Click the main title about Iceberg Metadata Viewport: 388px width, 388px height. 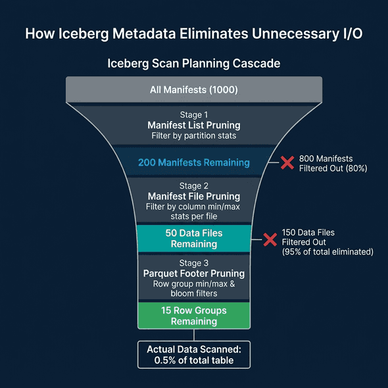click(194, 34)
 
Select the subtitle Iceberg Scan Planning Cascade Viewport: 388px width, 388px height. click(194, 64)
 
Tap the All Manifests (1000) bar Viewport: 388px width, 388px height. click(194, 89)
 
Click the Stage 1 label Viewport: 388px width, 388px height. click(194, 114)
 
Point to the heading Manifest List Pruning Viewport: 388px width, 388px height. click(194, 125)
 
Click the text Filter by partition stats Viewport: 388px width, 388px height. click(194, 136)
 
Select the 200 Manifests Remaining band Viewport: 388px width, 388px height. click(194, 162)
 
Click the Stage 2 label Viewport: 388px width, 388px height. click(194, 185)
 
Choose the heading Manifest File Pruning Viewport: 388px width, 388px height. click(194, 196)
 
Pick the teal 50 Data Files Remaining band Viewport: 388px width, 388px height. click(194, 238)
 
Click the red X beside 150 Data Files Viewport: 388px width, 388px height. click(270, 239)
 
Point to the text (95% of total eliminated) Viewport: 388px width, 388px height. click(327, 252)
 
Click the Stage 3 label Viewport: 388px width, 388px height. click(194, 262)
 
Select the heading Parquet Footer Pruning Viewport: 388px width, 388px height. click(194, 273)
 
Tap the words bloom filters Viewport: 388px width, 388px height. click(194, 294)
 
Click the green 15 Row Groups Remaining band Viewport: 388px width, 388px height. click(194, 315)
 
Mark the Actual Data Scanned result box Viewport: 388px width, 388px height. click(194, 354)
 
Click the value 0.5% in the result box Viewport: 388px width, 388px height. click(164, 360)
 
